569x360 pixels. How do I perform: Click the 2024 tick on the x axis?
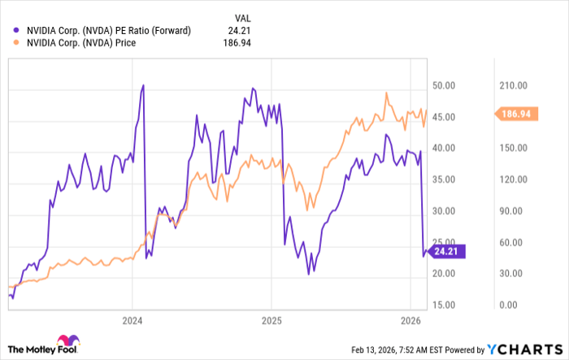tap(133, 320)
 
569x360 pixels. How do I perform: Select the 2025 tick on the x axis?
tap(271, 320)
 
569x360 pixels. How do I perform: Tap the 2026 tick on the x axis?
tap(410, 320)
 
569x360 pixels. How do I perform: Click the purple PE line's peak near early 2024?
tap(143, 85)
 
